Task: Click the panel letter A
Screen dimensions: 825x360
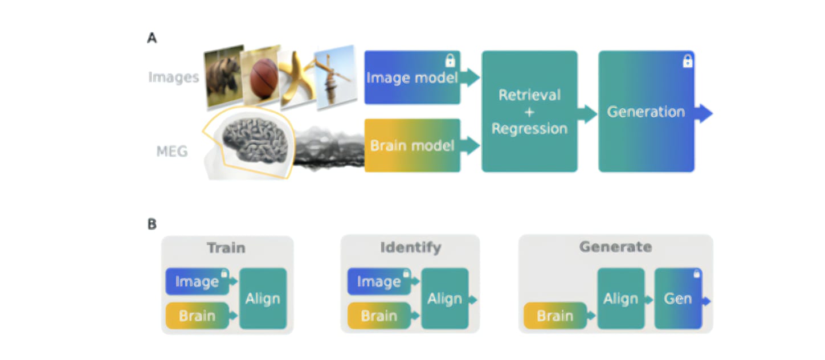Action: coord(152,38)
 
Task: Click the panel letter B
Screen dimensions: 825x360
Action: coord(152,224)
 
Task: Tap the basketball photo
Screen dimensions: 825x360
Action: coord(261,76)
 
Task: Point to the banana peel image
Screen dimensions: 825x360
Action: coord(296,78)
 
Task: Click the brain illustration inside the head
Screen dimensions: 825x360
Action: coord(255,140)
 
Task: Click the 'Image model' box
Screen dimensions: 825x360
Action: coord(412,77)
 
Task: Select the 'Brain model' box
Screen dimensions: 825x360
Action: coord(412,145)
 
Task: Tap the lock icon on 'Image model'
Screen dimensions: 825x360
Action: coord(450,60)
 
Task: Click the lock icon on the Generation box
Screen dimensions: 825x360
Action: coord(687,61)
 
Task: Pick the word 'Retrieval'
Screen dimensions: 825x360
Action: coord(530,95)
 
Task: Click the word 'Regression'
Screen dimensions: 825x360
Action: coord(530,129)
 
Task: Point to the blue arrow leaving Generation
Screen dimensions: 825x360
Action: coord(704,113)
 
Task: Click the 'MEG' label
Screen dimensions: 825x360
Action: coord(172,152)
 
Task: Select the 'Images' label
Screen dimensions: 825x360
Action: coord(173,77)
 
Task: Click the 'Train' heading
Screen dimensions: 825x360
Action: coord(226,248)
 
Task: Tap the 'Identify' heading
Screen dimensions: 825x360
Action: coord(411,247)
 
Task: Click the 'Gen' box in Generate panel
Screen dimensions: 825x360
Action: coord(678,298)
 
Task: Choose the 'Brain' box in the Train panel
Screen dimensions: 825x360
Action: coord(197,316)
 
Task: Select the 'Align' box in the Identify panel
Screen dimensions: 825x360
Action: coord(445,298)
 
